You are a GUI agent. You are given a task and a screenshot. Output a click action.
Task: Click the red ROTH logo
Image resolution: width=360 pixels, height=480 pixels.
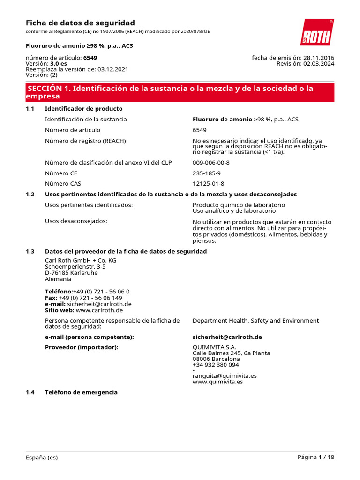point(317,32)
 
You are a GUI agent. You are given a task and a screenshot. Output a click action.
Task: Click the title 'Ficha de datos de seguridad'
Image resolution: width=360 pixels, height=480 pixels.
point(80,23)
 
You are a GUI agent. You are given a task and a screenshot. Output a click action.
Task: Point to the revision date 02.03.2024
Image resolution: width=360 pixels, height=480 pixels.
point(319,64)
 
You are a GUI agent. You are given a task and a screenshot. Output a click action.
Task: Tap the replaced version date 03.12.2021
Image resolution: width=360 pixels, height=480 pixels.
point(112,69)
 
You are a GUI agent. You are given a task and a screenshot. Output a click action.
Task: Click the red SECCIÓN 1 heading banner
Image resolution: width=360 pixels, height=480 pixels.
point(180,92)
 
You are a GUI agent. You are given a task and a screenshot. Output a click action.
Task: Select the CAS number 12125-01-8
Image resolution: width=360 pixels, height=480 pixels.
point(208,184)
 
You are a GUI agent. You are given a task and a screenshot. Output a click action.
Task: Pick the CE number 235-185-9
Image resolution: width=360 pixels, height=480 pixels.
point(207,173)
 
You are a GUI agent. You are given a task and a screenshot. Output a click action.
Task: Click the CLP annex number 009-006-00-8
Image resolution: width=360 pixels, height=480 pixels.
point(211,163)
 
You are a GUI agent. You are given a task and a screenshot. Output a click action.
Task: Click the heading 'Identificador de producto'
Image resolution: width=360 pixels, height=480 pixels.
point(83,109)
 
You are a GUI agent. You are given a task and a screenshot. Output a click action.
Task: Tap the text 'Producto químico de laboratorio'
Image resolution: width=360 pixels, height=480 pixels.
point(239,205)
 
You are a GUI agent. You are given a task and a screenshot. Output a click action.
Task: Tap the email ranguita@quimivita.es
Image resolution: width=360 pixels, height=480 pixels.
point(225,376)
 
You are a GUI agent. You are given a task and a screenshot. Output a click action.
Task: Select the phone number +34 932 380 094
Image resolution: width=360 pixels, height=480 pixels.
point(216,365)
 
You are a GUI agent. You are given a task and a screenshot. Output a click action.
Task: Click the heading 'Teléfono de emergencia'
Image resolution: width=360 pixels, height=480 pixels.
point(81,392)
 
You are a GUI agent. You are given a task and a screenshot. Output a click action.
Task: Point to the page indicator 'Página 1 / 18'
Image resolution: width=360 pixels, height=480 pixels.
point(315,457)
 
